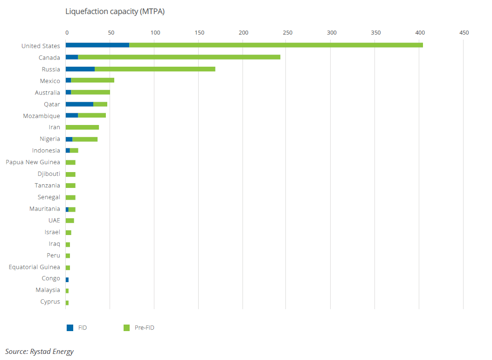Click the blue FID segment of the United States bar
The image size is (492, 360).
pyautogui.click(x=97, y=45)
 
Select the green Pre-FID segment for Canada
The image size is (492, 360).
pyautogui.click(x=179, y=57)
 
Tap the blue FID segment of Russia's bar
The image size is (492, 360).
pyautogui.click(x=80, y=69)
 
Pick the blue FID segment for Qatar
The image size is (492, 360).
pyautogui.click(x=79, y=104)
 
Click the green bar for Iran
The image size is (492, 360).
pyautogui.click(x=82, y=127)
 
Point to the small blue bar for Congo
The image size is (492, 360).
pyautogui.click(x=67, y=279)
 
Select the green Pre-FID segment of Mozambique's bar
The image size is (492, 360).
pyautogui.click(x=92, y=115)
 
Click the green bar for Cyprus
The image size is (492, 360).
pyautogui.click(x=67, y=303)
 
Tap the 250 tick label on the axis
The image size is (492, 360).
pyautogui.click(x=287, y=33)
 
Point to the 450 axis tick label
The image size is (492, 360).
pyautogui.click(x=464, y=33)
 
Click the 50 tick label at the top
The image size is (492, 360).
pyautogui.click(x=111, y=33)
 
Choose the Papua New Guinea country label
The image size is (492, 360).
pyautogui.click(x=33, y=162)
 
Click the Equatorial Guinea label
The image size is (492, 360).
pyautogui.click(x=34, y=267)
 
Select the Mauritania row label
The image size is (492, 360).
pyautogui.click(x=45, y=209)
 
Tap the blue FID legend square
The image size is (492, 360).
pyautogui.click(x=70, y=328)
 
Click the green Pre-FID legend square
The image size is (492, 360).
pyautogui.click(x=126, y=328)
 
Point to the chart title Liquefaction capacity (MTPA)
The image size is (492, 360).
pyautogui.click(x=115, y=12)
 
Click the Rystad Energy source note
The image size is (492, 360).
pyautogui.click(x=39, y=352)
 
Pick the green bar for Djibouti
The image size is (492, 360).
pyautogui.click(x=70, y=174)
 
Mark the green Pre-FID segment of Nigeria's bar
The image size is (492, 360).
pyautogui.click(x=85, y=139)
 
